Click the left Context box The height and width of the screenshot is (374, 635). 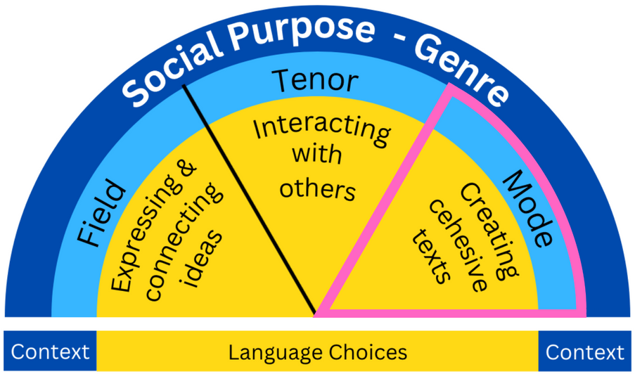(50, 352)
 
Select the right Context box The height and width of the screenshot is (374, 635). (584, 352)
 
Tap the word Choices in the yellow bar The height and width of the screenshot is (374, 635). (369, 352)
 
